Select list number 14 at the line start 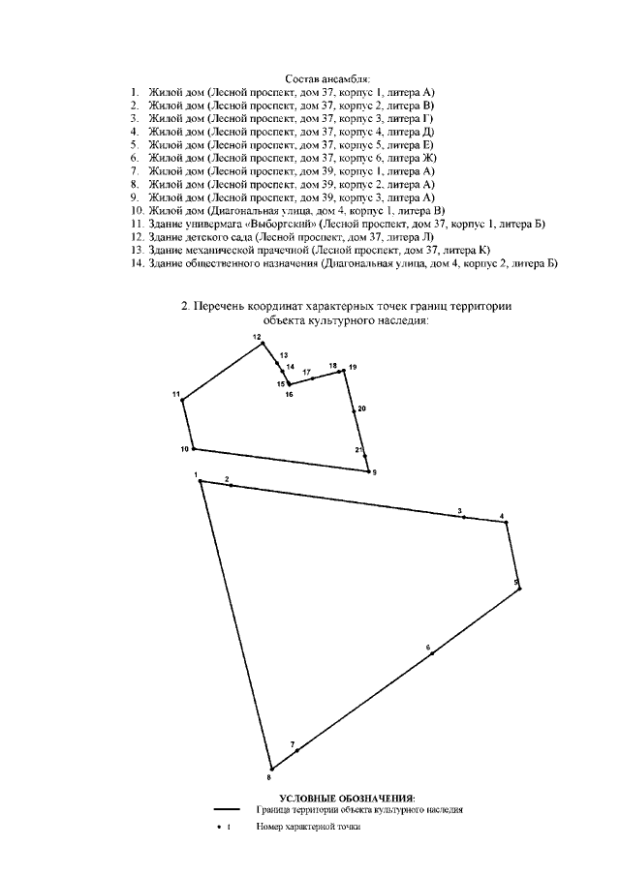(137, 262)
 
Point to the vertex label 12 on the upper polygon (258, 337)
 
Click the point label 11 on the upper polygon (176, 394)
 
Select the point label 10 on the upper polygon (184, 449)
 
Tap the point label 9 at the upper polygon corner (374, 471)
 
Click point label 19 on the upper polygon (353, 367)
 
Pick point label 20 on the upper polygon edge (361, 409)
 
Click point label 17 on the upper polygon (306, 372)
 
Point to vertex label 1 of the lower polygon (196, 474)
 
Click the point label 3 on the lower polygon (460, 510)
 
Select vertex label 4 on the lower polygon (502, 516)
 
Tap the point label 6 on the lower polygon (427, 647)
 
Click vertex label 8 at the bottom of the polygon (269, 777)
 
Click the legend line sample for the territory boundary (227, 808)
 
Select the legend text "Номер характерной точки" (308, 827)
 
